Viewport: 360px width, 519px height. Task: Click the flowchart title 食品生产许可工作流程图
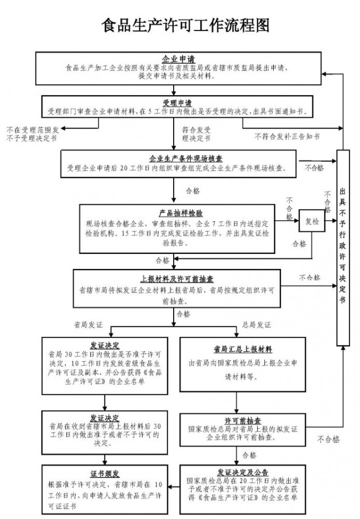click(186, 25)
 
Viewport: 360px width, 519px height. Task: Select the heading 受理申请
click(177, 102)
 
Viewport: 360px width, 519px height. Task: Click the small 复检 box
click(312, 221)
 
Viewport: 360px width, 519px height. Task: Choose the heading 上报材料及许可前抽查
click(178, 278)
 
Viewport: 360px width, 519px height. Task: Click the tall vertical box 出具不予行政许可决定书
click(343, 249)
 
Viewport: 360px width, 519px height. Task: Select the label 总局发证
click(257, 324)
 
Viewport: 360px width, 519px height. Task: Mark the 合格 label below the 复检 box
click(299, 243)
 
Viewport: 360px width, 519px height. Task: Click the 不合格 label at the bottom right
click(328, 440)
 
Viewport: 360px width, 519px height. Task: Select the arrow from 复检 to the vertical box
click(331, 221)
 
